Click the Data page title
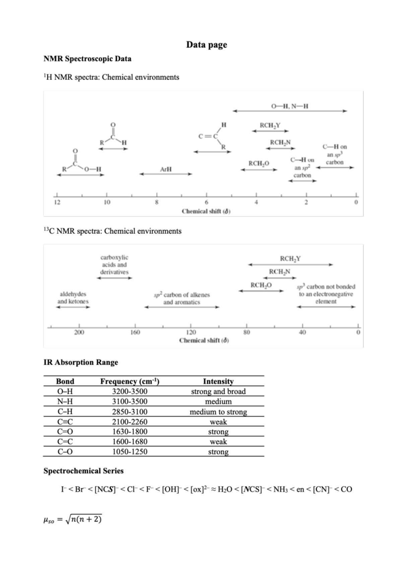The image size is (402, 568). point(206,45)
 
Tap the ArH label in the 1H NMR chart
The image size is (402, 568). point(166,169)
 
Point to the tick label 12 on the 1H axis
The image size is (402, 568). point(57,202)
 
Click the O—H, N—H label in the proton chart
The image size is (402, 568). point(290,106)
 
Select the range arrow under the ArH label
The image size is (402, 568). point(166,174)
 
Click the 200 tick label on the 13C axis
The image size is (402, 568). point(79,332)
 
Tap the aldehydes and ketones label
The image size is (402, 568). point(73,298)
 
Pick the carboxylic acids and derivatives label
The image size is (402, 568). point(114,265)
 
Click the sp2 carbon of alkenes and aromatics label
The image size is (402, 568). point(182,298)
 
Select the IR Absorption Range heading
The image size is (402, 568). point(81,362)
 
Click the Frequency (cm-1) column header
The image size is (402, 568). point(130,381)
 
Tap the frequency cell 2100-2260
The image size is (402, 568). point(130,422)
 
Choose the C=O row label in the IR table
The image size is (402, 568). point(65,432)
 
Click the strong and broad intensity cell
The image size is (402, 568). point(218,392)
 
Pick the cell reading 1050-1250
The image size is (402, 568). point(130,452)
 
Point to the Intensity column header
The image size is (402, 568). point(218,381)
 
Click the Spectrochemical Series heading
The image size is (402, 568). point(83,471)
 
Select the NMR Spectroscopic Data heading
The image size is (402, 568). point(87,59)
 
